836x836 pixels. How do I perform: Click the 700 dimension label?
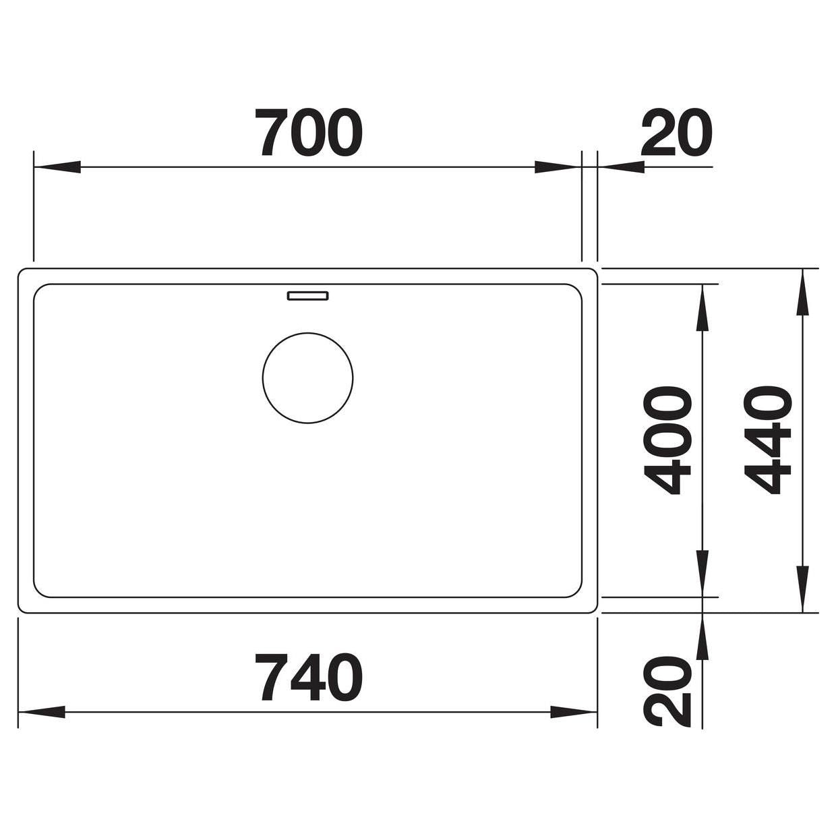309,132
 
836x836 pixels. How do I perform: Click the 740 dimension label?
309,677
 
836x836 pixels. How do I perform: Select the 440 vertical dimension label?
767,441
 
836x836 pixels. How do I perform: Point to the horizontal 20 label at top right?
676,132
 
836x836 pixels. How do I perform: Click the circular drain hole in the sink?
307,378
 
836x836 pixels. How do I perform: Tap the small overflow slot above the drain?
307,296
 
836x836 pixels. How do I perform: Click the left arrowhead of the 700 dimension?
57,167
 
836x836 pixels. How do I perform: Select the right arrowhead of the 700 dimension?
558,167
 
